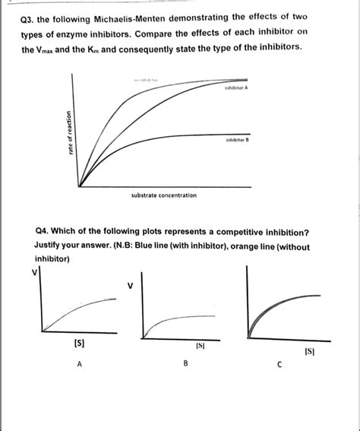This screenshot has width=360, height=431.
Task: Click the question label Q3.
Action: [33, 19]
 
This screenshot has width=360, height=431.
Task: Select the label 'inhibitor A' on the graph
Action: [237, 88]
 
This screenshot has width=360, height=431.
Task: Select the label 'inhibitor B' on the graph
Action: [237, 141]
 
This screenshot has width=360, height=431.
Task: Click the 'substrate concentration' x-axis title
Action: [164, 195]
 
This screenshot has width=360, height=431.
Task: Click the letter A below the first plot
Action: [79, 363]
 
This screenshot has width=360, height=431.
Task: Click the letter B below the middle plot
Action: [185, 364]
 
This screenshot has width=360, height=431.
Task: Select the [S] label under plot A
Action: [78, 344]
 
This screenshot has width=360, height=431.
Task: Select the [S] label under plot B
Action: [201, 347]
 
